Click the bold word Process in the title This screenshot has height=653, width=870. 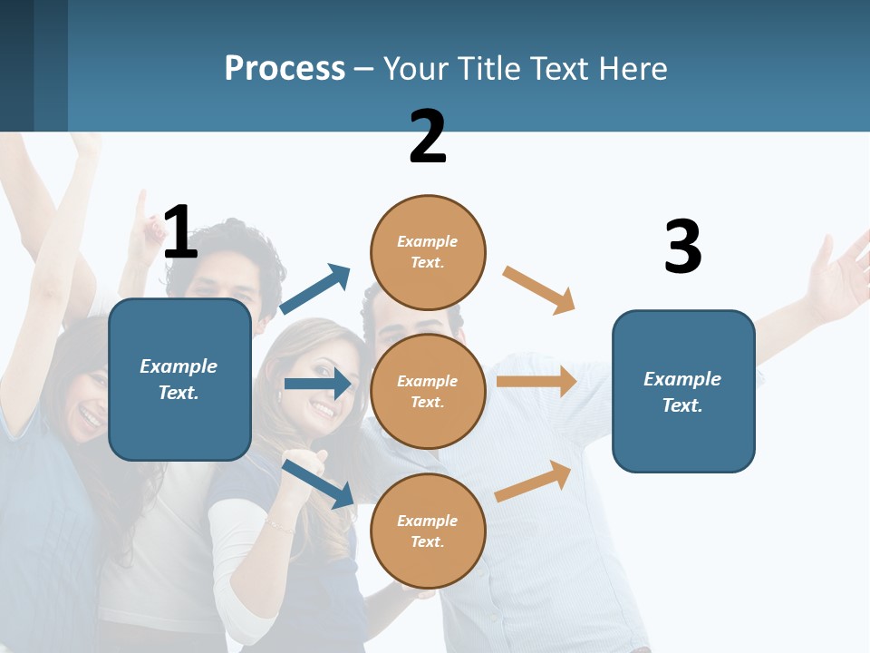pyautogui.click(x=285, y=69)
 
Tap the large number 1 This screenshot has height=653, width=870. pyautogui.click(x=180, y=233)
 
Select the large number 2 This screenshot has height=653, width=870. pyautogui.click(x=428, y=137)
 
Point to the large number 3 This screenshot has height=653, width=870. pyautogui.click(x=682, y=247)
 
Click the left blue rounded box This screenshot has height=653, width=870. pyautogui.click(x=179, y=379)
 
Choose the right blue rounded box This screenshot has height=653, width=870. pyautogui.click(x=683, y=391)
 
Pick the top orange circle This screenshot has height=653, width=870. pyautogui.click(x=428, y=252)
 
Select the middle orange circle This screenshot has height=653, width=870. pyautogui.click(x=428, y=391)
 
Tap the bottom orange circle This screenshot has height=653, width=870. pyautogui.click(x=428, y=531)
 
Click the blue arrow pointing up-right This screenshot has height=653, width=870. pyautogui.click(x=315, y=289)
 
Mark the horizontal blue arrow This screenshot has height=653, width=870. pyautogui.click(x=317, y=384)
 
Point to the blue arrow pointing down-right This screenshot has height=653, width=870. pyautogui.click(x=318, y=483)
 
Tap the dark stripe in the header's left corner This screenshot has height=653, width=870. pyautogui.click(x=17, y=65)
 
